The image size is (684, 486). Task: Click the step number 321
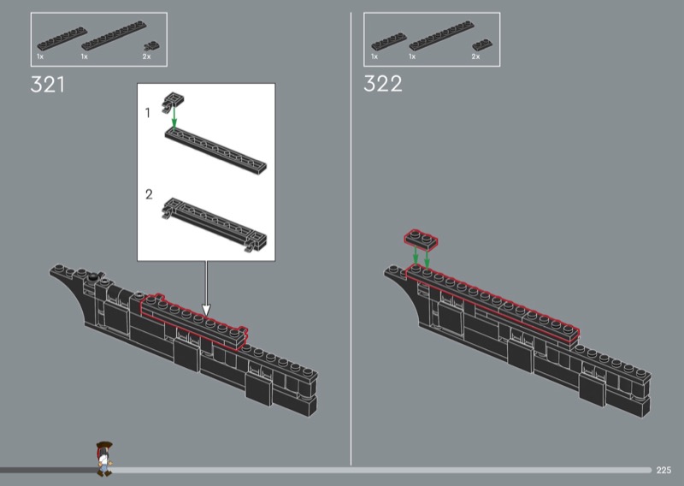[48, 84]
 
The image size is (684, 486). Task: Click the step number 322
[382, 84]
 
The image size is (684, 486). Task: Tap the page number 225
[663, 470]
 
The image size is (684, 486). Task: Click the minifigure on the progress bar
[103, 459]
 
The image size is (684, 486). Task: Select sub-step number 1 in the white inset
[147, 113]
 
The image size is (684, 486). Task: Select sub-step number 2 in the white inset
[149, 194]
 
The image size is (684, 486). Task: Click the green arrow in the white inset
[174, 117]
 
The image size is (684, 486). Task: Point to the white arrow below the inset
[206, 288]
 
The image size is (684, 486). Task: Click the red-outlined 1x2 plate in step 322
[421, 240]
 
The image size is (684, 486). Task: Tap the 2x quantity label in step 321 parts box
[146, 56]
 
